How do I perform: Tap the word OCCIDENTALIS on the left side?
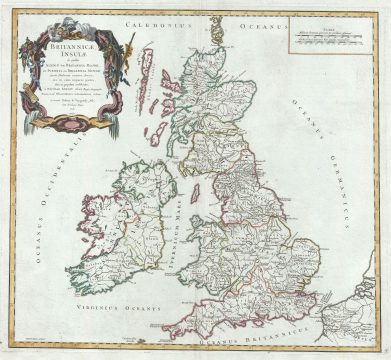point(47,200)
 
